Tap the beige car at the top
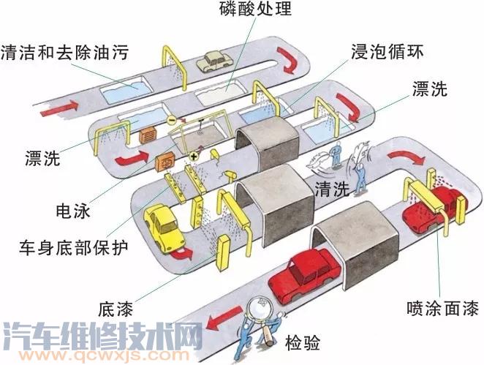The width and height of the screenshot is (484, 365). pyautogui.click(x=214, y=60)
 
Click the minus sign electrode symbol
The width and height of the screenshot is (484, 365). pyautogui.click(x=171, y=118)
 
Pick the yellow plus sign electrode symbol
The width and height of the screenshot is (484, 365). pyautogui.click(x=194, y=157)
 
